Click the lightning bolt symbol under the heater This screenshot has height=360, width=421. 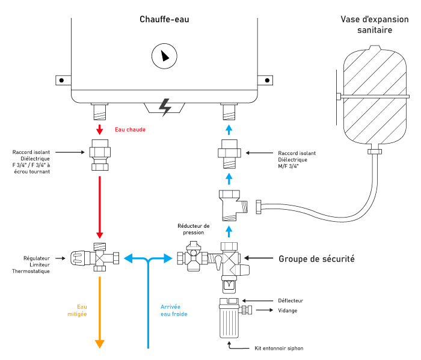coord(164,106)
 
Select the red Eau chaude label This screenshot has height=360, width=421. coord(131,129)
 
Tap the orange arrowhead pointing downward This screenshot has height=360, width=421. coord(100,344)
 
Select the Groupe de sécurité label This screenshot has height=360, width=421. coord(316,260)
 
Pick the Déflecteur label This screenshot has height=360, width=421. coord(291,301)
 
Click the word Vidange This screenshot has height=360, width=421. coord(287,311)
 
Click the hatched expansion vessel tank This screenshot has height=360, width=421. coord(375,96)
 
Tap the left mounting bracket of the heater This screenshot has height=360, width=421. coord(61,79)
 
